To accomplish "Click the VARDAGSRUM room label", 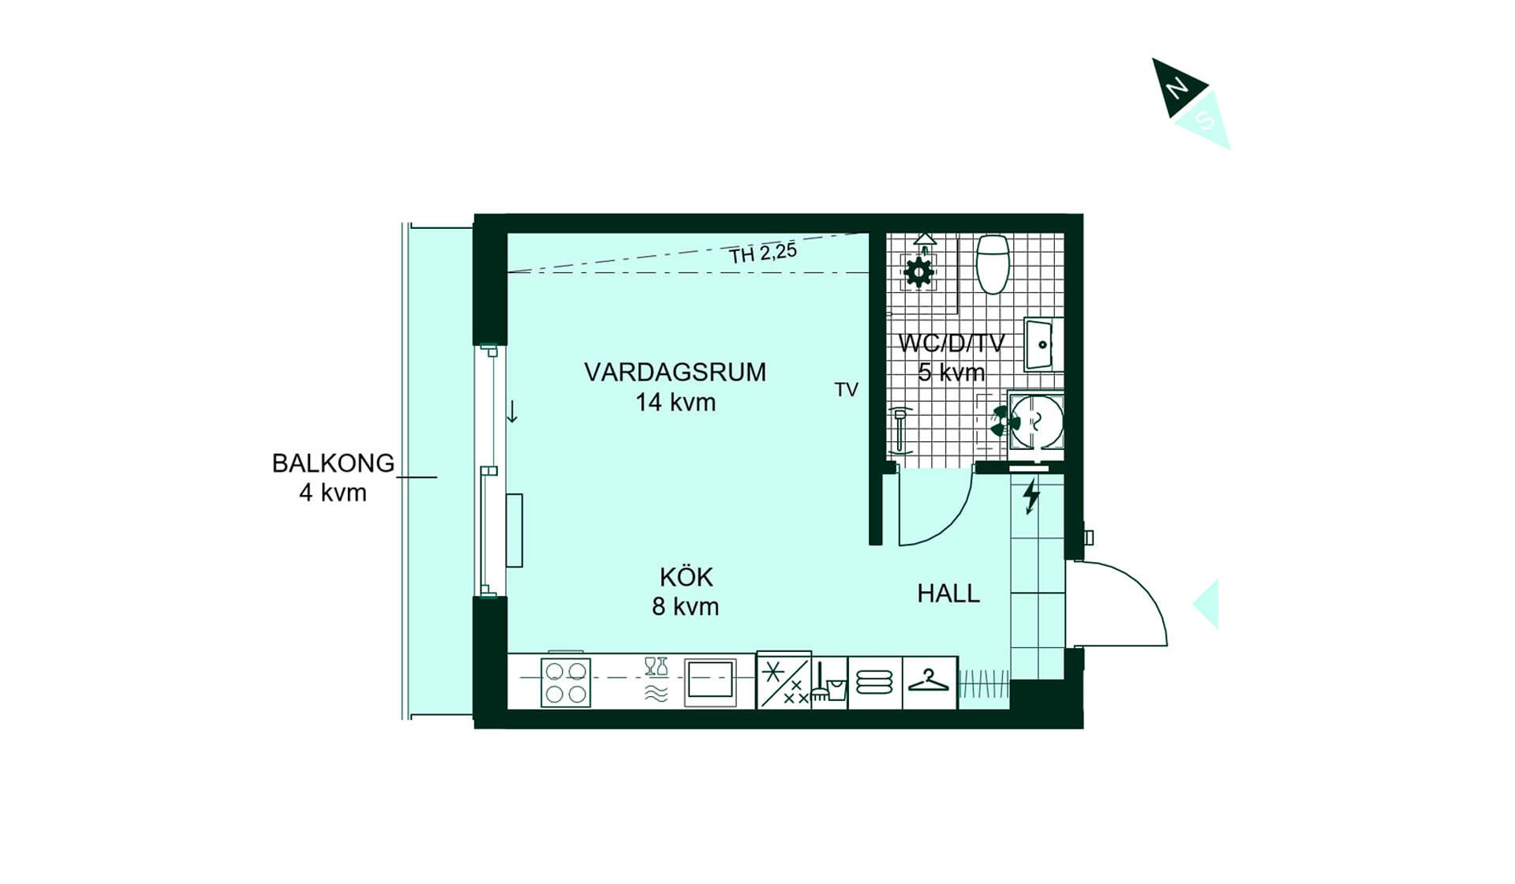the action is tap(675, 372).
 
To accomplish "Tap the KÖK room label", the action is tap(686, 577).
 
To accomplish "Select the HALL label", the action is tap(948, 594).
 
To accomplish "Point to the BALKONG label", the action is tap(333, 463).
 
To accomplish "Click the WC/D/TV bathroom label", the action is tap(952, 343).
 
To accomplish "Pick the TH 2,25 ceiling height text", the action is tap(763, 253).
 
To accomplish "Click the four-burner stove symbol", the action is tap(566, 683).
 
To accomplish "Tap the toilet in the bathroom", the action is tap(993, 264).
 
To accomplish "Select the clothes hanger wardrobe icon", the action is tap(929, 681).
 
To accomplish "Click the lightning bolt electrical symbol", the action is tap(1031, 497).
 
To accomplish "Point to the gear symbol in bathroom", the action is tap(918, 272).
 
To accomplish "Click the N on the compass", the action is tap(1177, 87).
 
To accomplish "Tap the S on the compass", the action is tap(1205, 120).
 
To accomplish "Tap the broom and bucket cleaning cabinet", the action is tap(829, 683).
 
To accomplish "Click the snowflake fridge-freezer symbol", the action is tap(784, 680).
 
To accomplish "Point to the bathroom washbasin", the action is tap(1042, 344).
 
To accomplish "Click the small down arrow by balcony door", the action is tap(512, 411).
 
